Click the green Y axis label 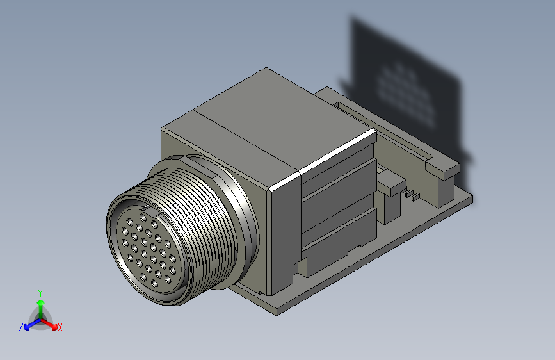tap(40, 292)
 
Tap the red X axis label tap(60, 328)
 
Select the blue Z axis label tap(21, 327)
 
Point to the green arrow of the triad tap(40, 304)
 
